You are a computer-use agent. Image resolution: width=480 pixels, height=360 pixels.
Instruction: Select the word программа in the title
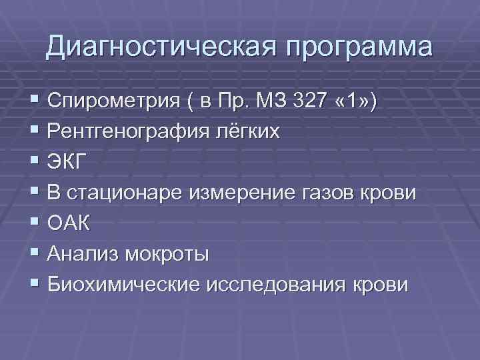(355, 49)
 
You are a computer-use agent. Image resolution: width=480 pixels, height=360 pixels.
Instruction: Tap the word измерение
(237, 193)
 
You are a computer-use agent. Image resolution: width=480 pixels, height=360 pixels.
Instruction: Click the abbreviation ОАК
(67, 224)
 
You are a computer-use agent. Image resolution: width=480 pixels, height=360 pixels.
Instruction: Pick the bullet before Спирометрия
(35, 101)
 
